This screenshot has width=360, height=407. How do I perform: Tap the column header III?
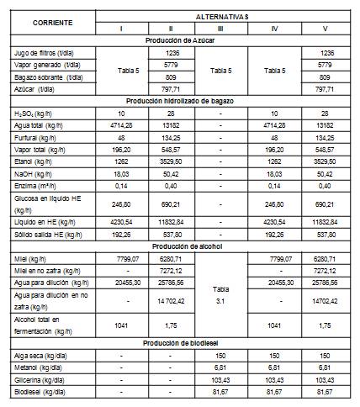(x=220, y=28)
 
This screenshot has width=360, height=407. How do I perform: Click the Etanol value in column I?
(x=121, y=159)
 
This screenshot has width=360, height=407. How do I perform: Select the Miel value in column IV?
(x=273, y=259)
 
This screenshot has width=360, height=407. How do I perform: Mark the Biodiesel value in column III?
(x=220, y=392)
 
